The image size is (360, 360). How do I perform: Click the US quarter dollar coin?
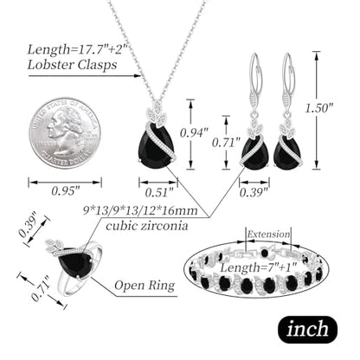point(65,133)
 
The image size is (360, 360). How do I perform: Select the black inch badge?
point(307,330)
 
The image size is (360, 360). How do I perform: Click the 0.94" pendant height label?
point(194,133)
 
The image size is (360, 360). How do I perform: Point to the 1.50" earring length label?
point(318,108)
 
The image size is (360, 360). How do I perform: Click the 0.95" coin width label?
point(66,190)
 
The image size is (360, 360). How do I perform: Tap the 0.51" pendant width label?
point(159,192)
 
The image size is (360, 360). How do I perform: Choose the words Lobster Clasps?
point(72,65)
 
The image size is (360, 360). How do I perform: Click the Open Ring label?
point(145,286)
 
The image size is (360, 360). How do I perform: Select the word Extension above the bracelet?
point(268,234)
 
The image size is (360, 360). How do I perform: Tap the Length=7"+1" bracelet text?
point(259,267)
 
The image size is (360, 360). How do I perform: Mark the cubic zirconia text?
point(147,225)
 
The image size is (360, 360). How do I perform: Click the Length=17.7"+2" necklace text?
point(77,49)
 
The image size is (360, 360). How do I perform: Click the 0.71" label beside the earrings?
point(226,142)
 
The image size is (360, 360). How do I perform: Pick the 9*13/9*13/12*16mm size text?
point(140,210)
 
